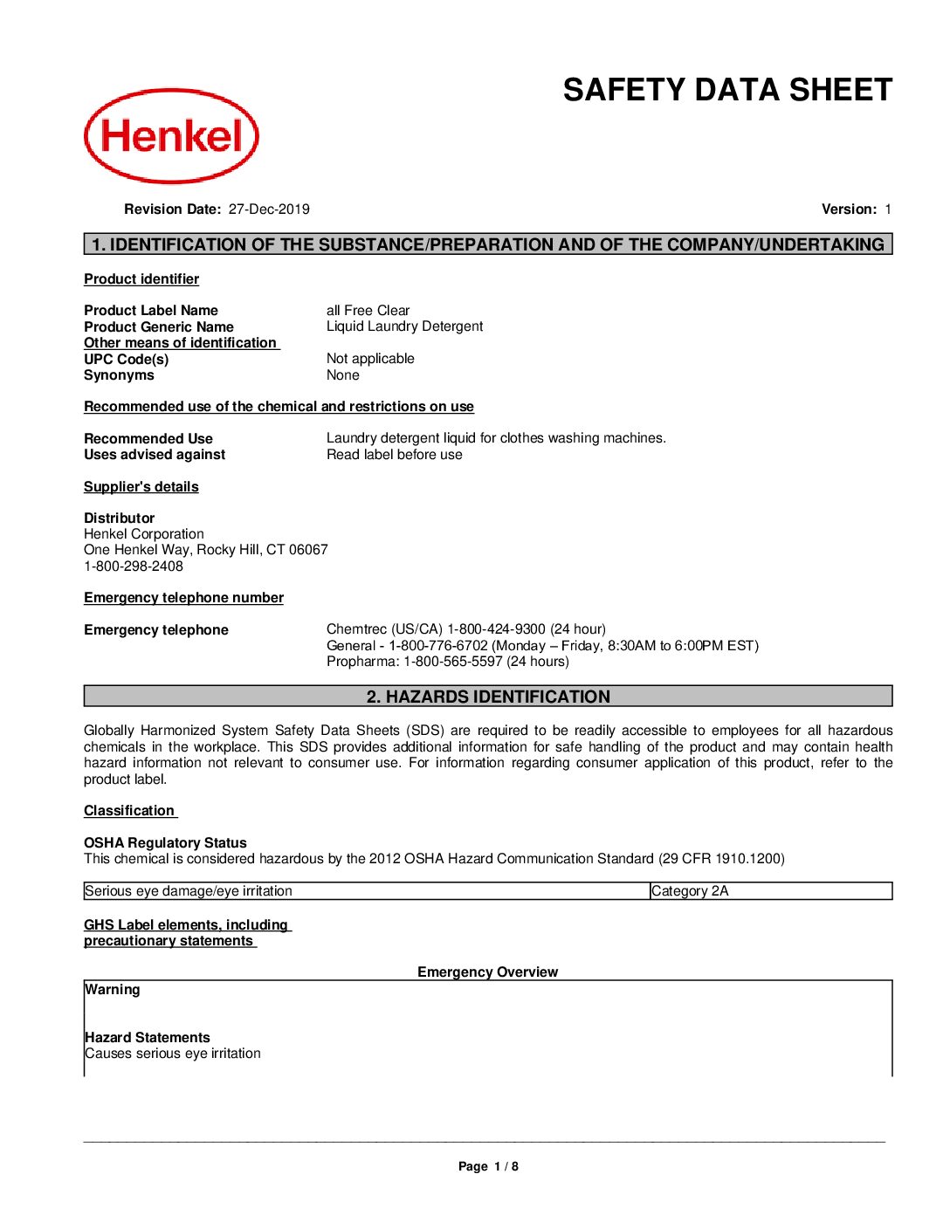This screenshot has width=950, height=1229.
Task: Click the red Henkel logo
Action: pos(171,136)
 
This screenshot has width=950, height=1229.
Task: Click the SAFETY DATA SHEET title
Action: pos(727,90)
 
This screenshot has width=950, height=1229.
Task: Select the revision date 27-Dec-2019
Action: pos(269,209)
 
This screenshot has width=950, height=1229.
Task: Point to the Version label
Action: pos(849,209)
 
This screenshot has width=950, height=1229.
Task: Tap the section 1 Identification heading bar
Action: pos(488,244)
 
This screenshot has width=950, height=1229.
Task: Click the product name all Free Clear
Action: pos(368,311)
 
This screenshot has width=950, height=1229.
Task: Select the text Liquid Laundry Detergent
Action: pos(404,326)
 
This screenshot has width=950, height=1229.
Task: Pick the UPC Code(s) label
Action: pos(127,360)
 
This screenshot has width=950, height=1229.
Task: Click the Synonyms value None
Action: pos(342,375)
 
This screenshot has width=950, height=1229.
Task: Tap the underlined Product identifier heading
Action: pos(141,279)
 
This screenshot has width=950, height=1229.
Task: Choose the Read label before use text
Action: pos(395,455)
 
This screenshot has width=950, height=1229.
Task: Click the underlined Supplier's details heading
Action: pos(141,487)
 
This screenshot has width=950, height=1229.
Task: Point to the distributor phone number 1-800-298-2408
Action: pos(134,566)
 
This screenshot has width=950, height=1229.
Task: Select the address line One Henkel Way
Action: pos(206,550)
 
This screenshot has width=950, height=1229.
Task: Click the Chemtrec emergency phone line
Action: pos(466,629)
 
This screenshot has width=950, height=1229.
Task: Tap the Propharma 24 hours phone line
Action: pos(448,662)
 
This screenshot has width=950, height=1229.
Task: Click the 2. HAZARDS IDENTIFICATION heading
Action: pos(488,697)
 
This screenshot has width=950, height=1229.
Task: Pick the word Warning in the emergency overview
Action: pos(113,990)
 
